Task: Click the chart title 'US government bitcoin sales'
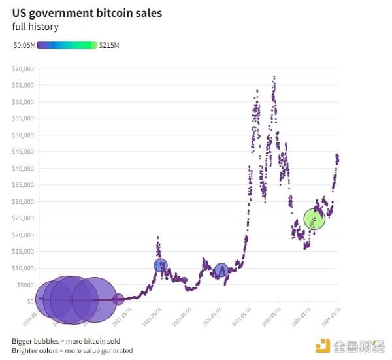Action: click(87, 13)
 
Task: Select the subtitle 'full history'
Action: click(35, 27)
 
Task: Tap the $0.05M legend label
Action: click(24, 45)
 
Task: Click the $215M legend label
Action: click(109, 45)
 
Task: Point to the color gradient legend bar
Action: click(67, 45)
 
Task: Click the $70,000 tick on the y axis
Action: click(23, 69)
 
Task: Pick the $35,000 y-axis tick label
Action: click(23, 185)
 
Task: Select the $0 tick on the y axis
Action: click(30, 301)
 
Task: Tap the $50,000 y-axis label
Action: click(23, 135)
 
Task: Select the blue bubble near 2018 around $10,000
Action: click(161, 265)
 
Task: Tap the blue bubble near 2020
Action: click(221, 270)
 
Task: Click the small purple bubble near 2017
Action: click(118, 299)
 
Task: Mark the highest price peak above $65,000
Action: click(274, 77)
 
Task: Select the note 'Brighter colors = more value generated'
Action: click(72, 350)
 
